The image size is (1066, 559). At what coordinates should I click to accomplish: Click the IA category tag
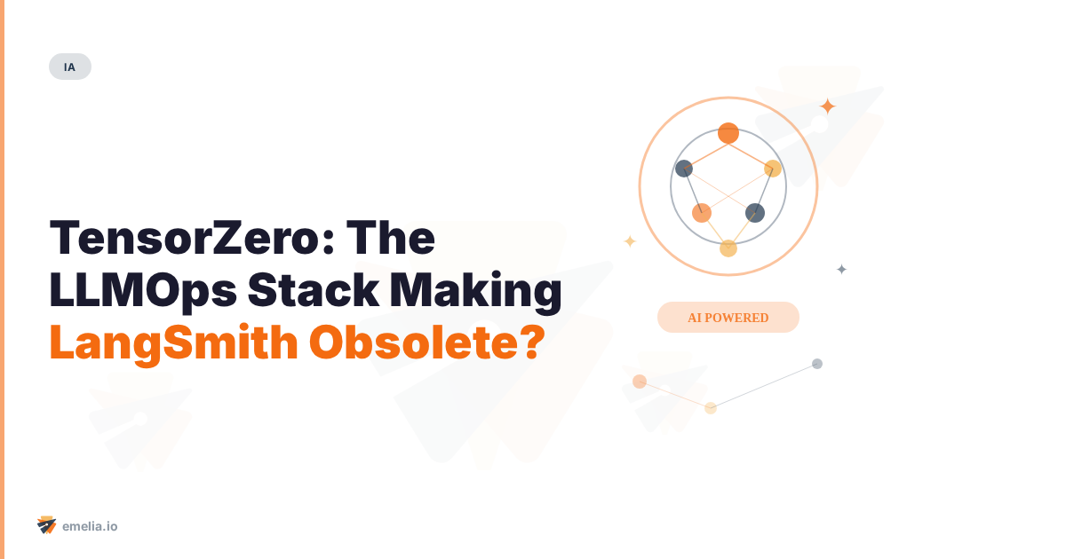[x=70, y=67]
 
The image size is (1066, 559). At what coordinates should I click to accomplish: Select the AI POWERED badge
[x=728, y=318]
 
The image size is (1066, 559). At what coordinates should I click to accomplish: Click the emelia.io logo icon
[x=46, y=525]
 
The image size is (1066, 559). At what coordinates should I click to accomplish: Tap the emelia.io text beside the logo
[x=90, y=526]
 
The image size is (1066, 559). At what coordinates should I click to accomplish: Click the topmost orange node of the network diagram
[x=728, y=133]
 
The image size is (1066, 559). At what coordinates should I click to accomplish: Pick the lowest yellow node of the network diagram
[x=728, y=248]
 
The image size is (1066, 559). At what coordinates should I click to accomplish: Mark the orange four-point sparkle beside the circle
[x=827, y=106]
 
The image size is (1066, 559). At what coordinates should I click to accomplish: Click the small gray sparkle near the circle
[x=841, y=269]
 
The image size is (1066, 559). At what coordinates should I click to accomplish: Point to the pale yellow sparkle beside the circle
[x=630, y=241]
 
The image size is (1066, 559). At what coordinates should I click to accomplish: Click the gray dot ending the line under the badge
[x=817, y=364]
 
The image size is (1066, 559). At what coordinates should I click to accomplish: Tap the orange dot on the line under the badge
[x=640, y=382]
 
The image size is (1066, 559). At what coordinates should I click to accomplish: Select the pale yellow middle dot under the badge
[x=711, y=408]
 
